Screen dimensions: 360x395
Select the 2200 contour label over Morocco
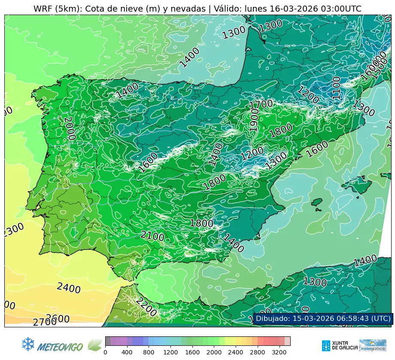(146, 307)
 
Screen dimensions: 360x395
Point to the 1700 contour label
(261, 104)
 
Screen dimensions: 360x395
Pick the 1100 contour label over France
(336, 88)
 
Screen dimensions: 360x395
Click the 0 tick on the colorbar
(105, 352)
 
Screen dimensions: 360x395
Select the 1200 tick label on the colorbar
(170, 352)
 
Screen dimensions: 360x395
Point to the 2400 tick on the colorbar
(236, 352)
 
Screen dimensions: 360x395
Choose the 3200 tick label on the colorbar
(279, 352)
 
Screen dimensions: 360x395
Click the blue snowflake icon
(28, 344)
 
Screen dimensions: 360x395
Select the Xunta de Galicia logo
(339, 345)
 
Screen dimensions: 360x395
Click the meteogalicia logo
(373, 345)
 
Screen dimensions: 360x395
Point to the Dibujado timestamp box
(323, 318)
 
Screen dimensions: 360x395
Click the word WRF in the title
(43, 9)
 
